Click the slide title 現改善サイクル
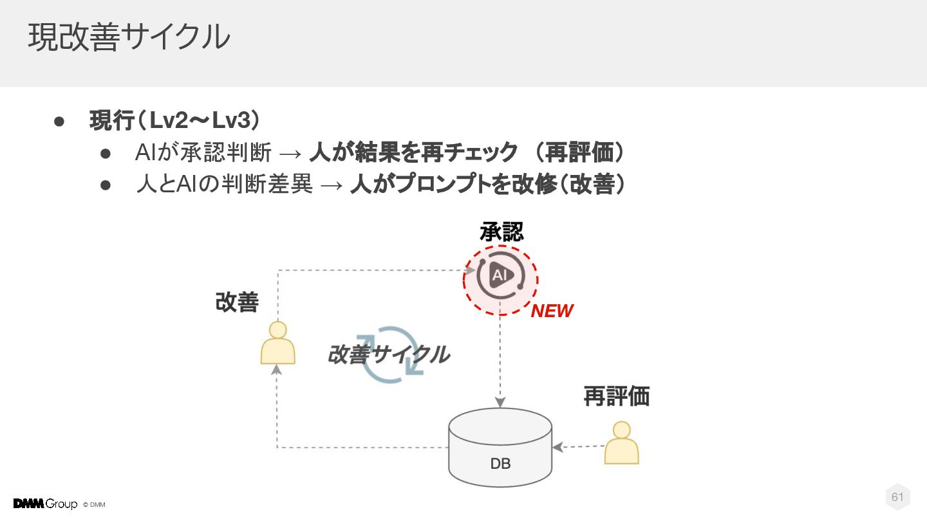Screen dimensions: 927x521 coord(129,37)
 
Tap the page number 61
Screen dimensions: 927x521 coord(897,497)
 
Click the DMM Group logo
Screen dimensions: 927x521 coord(45,504)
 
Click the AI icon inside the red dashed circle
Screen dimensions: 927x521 coord(500,277)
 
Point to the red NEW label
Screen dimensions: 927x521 coord(552,311)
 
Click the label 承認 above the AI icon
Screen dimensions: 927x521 coord(501,232)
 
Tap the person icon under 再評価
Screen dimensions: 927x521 coord(621,443)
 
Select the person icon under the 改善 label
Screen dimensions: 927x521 coord(278,343)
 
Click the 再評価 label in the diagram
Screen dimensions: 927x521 coord(616,396)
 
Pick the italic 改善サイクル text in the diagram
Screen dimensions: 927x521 coord(388,354)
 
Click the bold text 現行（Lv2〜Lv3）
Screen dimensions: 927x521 coord(174,120)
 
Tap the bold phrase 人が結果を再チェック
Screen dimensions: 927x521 coord(413,152)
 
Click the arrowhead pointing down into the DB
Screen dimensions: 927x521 coord(500,403)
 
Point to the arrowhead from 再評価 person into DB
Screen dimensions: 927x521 coord(557,447)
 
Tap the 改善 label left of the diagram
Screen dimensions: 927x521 coord(237,302)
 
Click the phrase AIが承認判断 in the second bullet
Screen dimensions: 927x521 coord(203,153)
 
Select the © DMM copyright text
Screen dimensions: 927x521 coord(94,505)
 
